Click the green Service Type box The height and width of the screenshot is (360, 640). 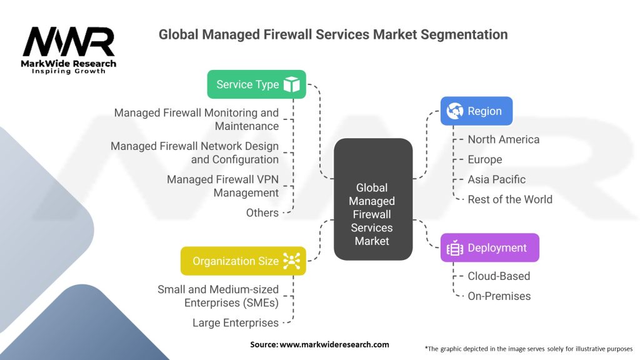256,84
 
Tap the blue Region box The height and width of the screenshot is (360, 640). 476,111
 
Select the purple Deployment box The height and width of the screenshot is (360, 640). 489,248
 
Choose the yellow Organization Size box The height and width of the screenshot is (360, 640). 243,261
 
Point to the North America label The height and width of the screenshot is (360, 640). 503,139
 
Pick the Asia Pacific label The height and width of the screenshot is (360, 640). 496,179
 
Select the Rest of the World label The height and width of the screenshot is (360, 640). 510,199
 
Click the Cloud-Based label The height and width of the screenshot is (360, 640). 499,276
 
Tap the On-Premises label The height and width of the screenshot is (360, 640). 499,296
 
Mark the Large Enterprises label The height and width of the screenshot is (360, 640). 235,322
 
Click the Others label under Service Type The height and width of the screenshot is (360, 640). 262,212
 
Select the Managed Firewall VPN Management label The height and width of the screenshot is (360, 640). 222,186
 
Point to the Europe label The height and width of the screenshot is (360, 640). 484,159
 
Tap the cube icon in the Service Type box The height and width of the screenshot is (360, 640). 291,84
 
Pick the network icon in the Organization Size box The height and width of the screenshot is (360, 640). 291,261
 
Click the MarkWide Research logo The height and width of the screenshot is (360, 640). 69,50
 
